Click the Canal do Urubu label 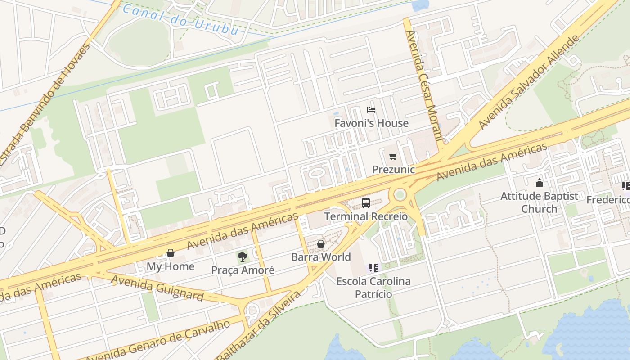pyautogui.click(x=180, y=20)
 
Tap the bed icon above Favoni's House pyautogui.click(x=371, y=110)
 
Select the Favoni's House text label pyautogui.click(x=371, y=123)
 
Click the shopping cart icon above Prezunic pyautogui.click(x=393, y=157)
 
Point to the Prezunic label pyautogui.click(x=393, y=170)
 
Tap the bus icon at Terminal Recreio pyautogui.click(x=366, y=203)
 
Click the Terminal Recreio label pyautogui.click(x=366, y=216)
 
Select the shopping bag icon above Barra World pyautogui.click(x=321, y=244)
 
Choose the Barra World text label pyautogui.click(x=321, y=257)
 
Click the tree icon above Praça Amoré pyautogui.click(x=243, y=257)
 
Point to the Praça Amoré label pyautogui.click(x=243, y=270)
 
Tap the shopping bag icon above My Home pyautogui.click(x=171, y=253)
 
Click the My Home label pyautogui.click(x=171, y=266)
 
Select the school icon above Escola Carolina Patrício pyautogui.click(x=373, y=268)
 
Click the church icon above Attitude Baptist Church pyautogui.click(x=539, y=183)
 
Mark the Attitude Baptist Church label pyautogui.click(x=539, y=202)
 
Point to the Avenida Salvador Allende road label pyautogui.click(x=528, y=82)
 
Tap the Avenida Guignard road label pyautogui.click(x=157, y=288)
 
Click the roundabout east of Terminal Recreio pyautogui.click(x=400, y=195)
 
